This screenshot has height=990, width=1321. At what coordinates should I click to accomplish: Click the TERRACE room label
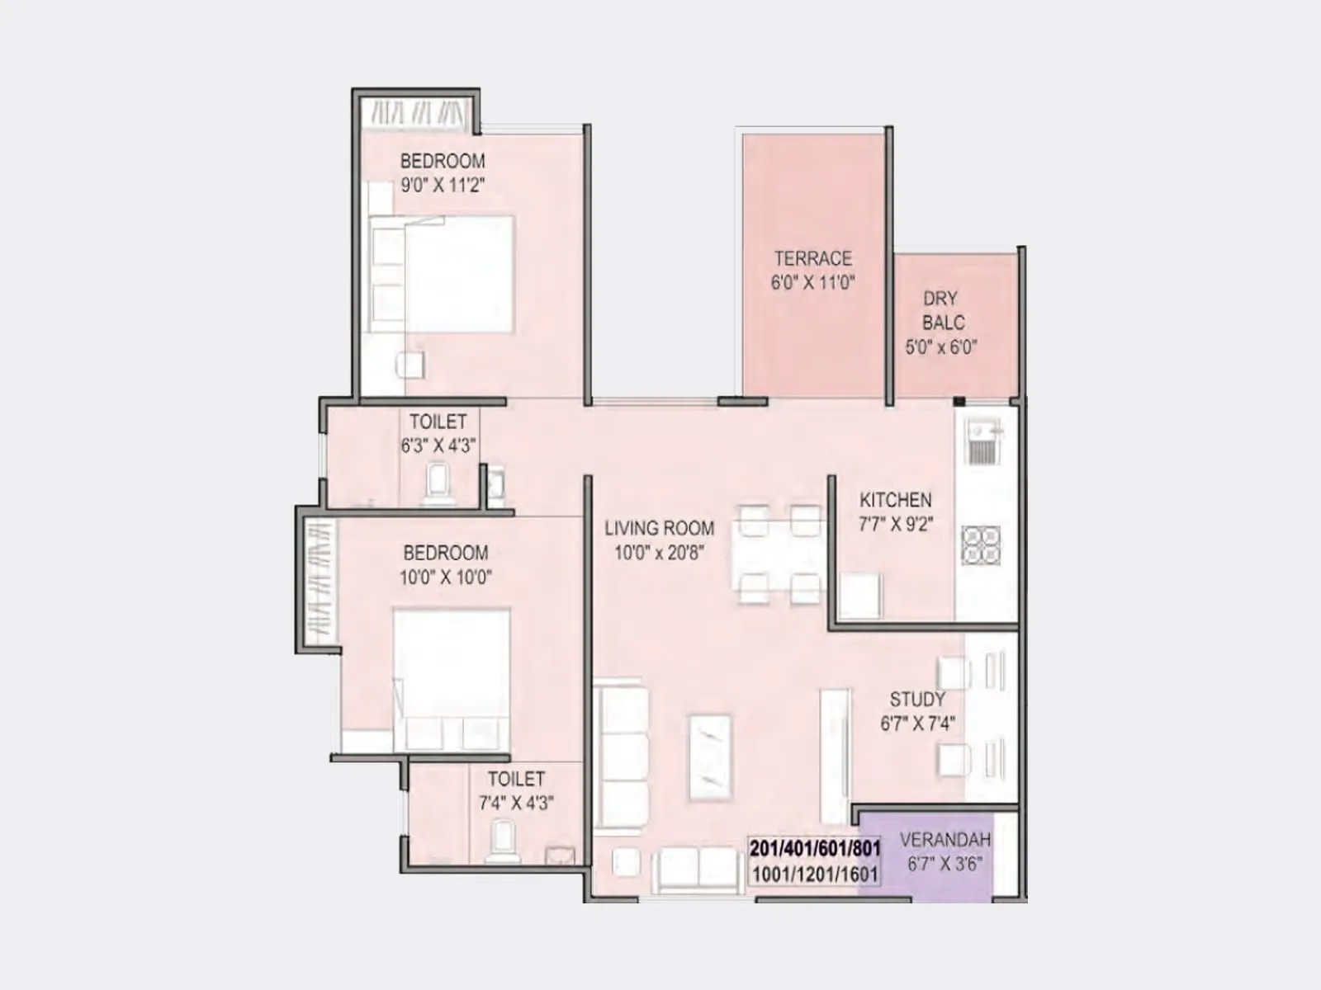coord(812,258)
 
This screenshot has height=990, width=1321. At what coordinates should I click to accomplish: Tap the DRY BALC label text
coord(941,310)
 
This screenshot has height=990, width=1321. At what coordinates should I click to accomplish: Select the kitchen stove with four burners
coord(982,545)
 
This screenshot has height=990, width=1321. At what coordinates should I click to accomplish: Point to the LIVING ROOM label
coord(659,528)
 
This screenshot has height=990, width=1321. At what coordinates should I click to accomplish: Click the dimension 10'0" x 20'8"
coord(659,553)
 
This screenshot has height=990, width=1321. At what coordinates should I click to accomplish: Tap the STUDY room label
coord(917,700)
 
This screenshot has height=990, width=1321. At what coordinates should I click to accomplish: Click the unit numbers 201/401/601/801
coord(815,848)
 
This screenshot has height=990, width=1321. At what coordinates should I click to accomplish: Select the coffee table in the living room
coord(710,757)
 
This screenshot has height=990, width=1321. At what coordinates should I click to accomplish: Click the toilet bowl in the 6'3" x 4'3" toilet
coord(438,482)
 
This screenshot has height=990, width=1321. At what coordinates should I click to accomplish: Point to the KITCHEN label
coord(895,500)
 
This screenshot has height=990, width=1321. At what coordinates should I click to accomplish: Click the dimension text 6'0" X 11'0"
coord(812,282)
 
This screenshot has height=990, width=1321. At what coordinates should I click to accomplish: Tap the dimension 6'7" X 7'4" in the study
coord(917,724)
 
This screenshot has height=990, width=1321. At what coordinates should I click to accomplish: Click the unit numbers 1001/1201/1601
coord(815,874)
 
